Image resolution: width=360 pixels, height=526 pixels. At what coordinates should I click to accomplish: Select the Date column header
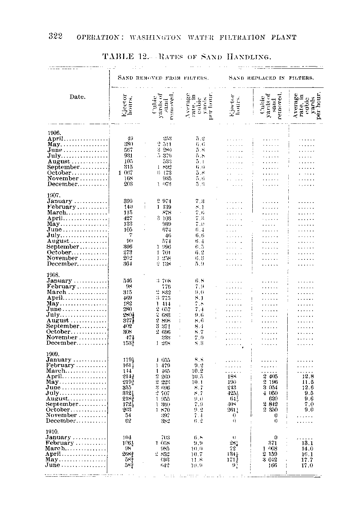pos(77,97)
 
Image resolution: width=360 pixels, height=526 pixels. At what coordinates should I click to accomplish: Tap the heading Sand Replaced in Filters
pos(271,78)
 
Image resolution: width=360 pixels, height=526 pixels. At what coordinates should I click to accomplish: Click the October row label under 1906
pos(60,173)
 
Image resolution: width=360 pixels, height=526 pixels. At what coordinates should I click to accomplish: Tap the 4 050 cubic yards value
pos(271,393)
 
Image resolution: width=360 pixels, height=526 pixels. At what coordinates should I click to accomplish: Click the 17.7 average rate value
pos(307,460)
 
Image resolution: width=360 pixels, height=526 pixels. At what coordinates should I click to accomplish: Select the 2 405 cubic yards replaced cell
pos(271,376)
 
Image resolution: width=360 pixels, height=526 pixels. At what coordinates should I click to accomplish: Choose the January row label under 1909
pos(59,360)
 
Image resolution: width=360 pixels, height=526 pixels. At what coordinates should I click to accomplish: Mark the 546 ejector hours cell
pos(128,281)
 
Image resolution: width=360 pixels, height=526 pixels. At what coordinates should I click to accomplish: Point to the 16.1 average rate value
pos(307,454)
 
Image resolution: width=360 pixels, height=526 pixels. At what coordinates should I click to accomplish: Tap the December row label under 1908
pos(61,343)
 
